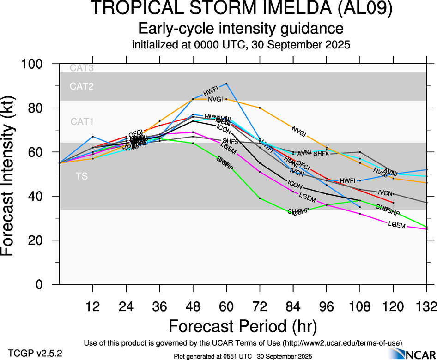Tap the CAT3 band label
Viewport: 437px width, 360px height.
(x=82, y=68)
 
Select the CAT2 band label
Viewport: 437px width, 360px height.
(x=82, y=86)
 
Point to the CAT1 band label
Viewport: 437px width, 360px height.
(x=82, y=122)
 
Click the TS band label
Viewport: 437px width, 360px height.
(x=82, y=176)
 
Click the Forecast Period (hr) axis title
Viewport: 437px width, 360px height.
(x=243, y=326)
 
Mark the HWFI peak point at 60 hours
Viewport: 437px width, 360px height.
(x=226, y=84)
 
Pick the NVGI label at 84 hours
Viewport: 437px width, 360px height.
(x=299, y=131)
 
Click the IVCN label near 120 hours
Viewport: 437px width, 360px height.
(x=386, y=192)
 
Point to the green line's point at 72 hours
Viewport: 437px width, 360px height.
(x=260, y=198)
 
